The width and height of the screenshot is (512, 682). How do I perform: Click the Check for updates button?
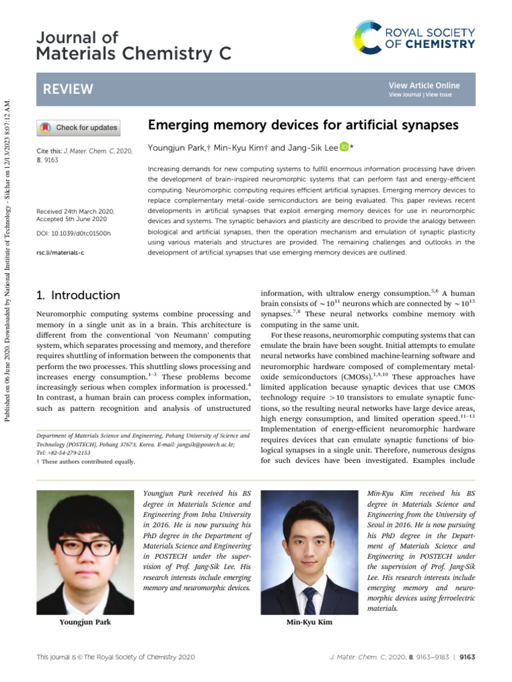pyautogui.click(x=78, y=127)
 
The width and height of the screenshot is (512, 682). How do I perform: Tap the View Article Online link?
pyautogui.click(x=424, y=85)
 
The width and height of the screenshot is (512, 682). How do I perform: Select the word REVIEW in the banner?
pyautogui.click(x=68, y=89)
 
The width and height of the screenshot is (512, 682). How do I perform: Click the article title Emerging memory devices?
pyautogui.click(x=303, y=125)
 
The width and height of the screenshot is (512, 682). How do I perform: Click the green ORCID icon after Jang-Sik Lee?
pyautogui.click(x=344, y=147)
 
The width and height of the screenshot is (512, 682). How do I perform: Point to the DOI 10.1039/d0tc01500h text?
pyautogui.click(x=73, y=234)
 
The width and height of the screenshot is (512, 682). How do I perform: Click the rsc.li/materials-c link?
pyautogui.click(x=60, y=253)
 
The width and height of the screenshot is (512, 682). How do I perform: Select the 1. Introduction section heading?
pyautogui.click(x=77, y=295)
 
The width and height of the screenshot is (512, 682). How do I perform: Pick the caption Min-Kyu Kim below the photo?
pyautogui.click(x=309, y=622)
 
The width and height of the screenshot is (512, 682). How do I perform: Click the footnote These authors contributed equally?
pyautogui.click(x=87, y=462)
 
